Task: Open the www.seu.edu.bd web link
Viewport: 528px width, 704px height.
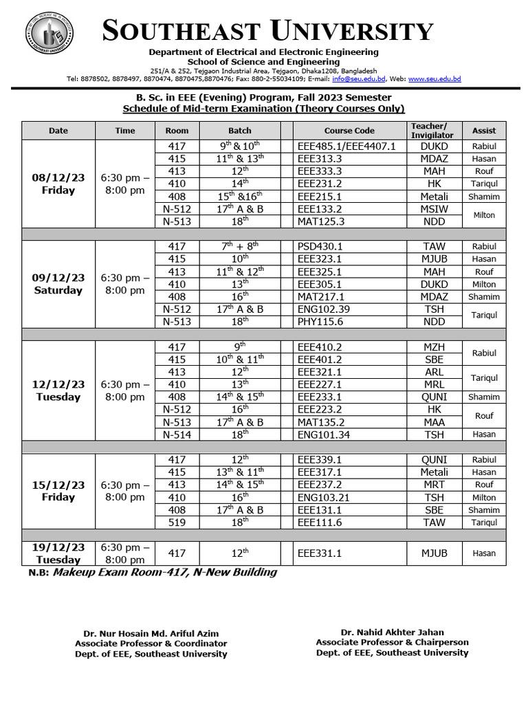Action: tap(434, 79)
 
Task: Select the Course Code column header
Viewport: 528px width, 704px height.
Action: tap(349, 131)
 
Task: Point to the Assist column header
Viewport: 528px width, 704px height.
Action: tap(483, 131)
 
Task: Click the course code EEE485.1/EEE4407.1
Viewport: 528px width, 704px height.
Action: tap(346, 146)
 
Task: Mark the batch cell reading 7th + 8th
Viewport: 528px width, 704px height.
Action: tap(239, 246)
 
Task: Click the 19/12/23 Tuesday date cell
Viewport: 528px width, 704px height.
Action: tap(58, 553)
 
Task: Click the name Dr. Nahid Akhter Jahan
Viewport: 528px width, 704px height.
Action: tap(392, 632)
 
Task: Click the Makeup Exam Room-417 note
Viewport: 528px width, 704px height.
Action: tap(165, 572)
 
